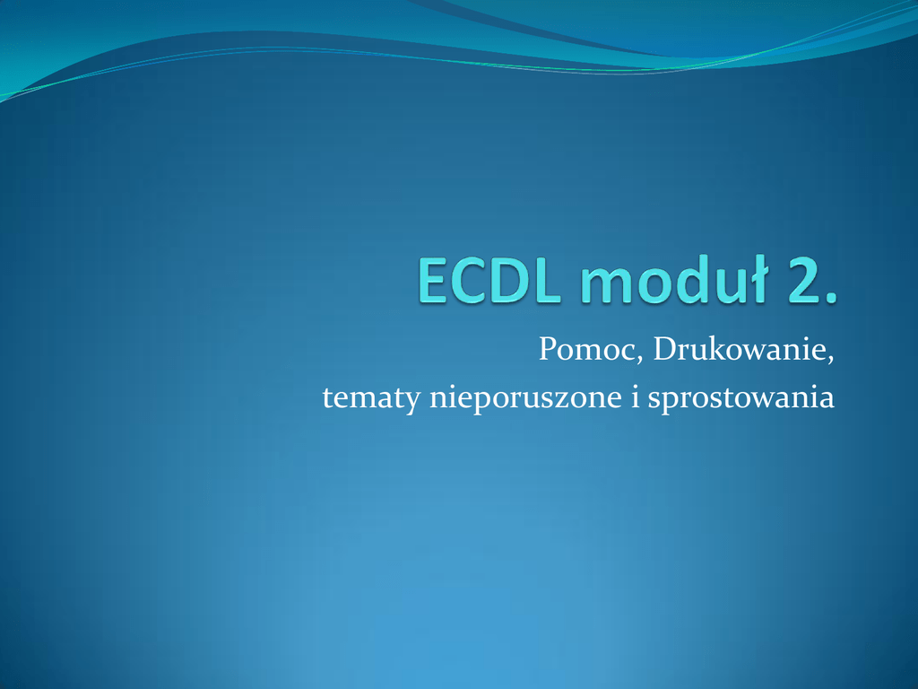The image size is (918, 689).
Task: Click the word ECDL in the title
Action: [x=489, y=280]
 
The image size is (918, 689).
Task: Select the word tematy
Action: [x=371, y=398]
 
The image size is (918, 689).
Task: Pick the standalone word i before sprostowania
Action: [x=636, y=397]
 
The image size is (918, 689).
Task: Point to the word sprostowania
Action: [x=741, y=397]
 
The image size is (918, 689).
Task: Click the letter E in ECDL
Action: [x=433, y=281]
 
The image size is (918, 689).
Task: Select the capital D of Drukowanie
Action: [x=666, y=349]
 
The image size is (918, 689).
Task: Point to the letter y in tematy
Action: [x=412, y=404]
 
